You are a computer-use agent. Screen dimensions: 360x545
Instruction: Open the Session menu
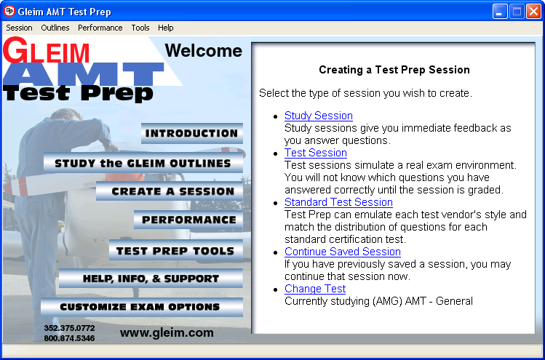[19, 28]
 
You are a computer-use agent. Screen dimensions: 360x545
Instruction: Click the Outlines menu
[55, 28]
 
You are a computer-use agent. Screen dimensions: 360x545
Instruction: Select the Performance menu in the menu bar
[100, 28]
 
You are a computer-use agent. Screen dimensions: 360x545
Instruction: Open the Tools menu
[140, 28]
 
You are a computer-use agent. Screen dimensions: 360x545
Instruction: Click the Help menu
[166, 28]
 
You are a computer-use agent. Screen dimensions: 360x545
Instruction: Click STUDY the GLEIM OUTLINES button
[143, 163]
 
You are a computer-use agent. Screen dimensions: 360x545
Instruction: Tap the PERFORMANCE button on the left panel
[188, 220]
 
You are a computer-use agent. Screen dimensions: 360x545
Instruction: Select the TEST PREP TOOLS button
[175, 250]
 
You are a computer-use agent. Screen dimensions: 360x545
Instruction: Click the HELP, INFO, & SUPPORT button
[151, 279]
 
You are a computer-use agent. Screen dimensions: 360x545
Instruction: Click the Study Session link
[319, 116]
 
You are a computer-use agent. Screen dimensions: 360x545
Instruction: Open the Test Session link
[316, 153]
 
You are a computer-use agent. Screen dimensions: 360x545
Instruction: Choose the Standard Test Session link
[338, 202]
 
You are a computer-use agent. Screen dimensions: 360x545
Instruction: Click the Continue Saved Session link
[343, 252]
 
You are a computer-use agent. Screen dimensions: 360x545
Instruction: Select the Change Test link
[315, 289]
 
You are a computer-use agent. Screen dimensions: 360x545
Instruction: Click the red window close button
[533, 11]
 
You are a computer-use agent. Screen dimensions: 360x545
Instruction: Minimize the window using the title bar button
[500, 11]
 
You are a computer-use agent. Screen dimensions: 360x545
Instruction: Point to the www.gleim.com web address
[167, 332]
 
